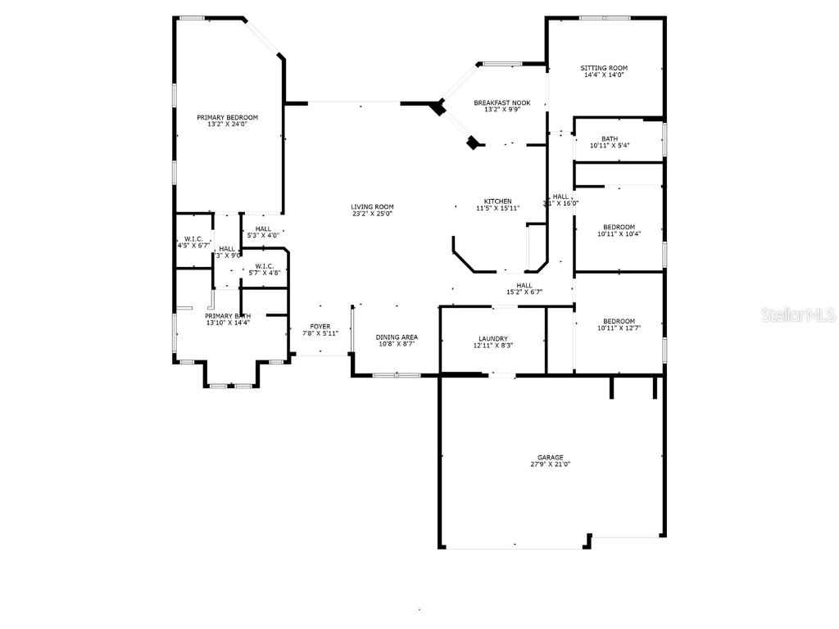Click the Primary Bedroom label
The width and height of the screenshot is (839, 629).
(x=227, y=117)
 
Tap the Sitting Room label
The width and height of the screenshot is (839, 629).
(x=604, y=68)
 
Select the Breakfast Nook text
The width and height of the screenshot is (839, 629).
(x=501, y=102)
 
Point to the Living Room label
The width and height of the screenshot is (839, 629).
(x=372, y=206)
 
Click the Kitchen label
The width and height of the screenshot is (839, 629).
(x=497, y=201)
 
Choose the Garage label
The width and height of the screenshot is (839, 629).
(x=550, y=457)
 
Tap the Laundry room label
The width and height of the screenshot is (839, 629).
(x=493, y=338)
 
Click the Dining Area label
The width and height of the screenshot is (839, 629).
(x=397, y=337)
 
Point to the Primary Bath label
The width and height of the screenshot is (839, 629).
(x=227, y=316)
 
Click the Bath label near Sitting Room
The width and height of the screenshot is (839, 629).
(x=609, y=138)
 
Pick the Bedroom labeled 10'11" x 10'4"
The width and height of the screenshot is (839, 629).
(x=619, y=227)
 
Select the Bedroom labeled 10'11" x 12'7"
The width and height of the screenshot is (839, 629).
(x=619, y=321)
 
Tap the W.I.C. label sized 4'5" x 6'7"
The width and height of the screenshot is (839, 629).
(x=193, y=238)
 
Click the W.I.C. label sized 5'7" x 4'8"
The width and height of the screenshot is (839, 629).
(x=264, y=265)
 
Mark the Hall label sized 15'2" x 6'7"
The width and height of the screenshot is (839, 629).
(x=524, y=285)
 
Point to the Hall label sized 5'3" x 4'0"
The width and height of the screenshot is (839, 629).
(x=263, y=229)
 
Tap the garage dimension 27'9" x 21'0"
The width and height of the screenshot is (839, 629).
(x=550, y=464)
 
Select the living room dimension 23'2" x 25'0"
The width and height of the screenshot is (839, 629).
(x=372, y=214)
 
